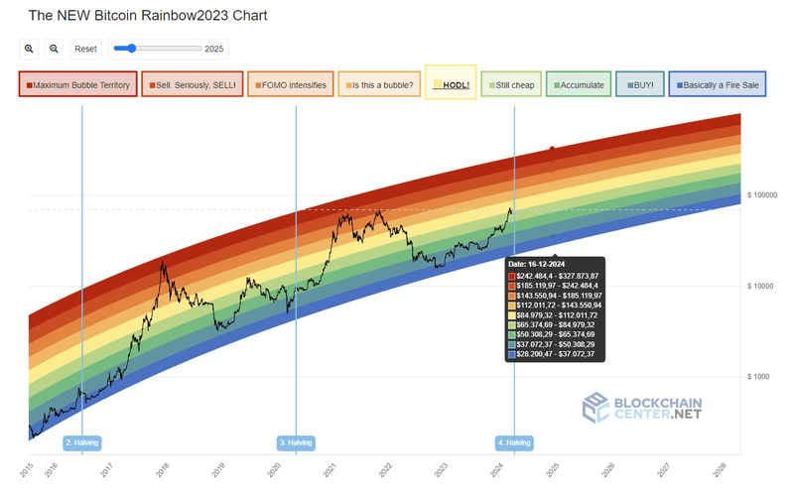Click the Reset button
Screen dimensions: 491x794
click(x=86, y=49)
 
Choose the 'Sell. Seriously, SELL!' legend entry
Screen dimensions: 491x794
click(x=192, y=85)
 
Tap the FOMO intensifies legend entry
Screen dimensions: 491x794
click(x=290, y=85)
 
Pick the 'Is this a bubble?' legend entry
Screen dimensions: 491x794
click(x=377, y=85)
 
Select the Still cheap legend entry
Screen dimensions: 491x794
click(x=509, y=85)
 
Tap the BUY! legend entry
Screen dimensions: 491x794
click(x=639, y=85)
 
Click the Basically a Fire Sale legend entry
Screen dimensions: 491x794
click(x=717, y=85)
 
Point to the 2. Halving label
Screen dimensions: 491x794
click(x=81, y=442)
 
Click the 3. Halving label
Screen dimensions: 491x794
click(x=296, y=442)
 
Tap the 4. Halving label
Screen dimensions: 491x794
click(x=514, y=442)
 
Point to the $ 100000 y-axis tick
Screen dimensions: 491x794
click(x=767, y=195)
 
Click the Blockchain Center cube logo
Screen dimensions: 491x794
click(x=595, y=407)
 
